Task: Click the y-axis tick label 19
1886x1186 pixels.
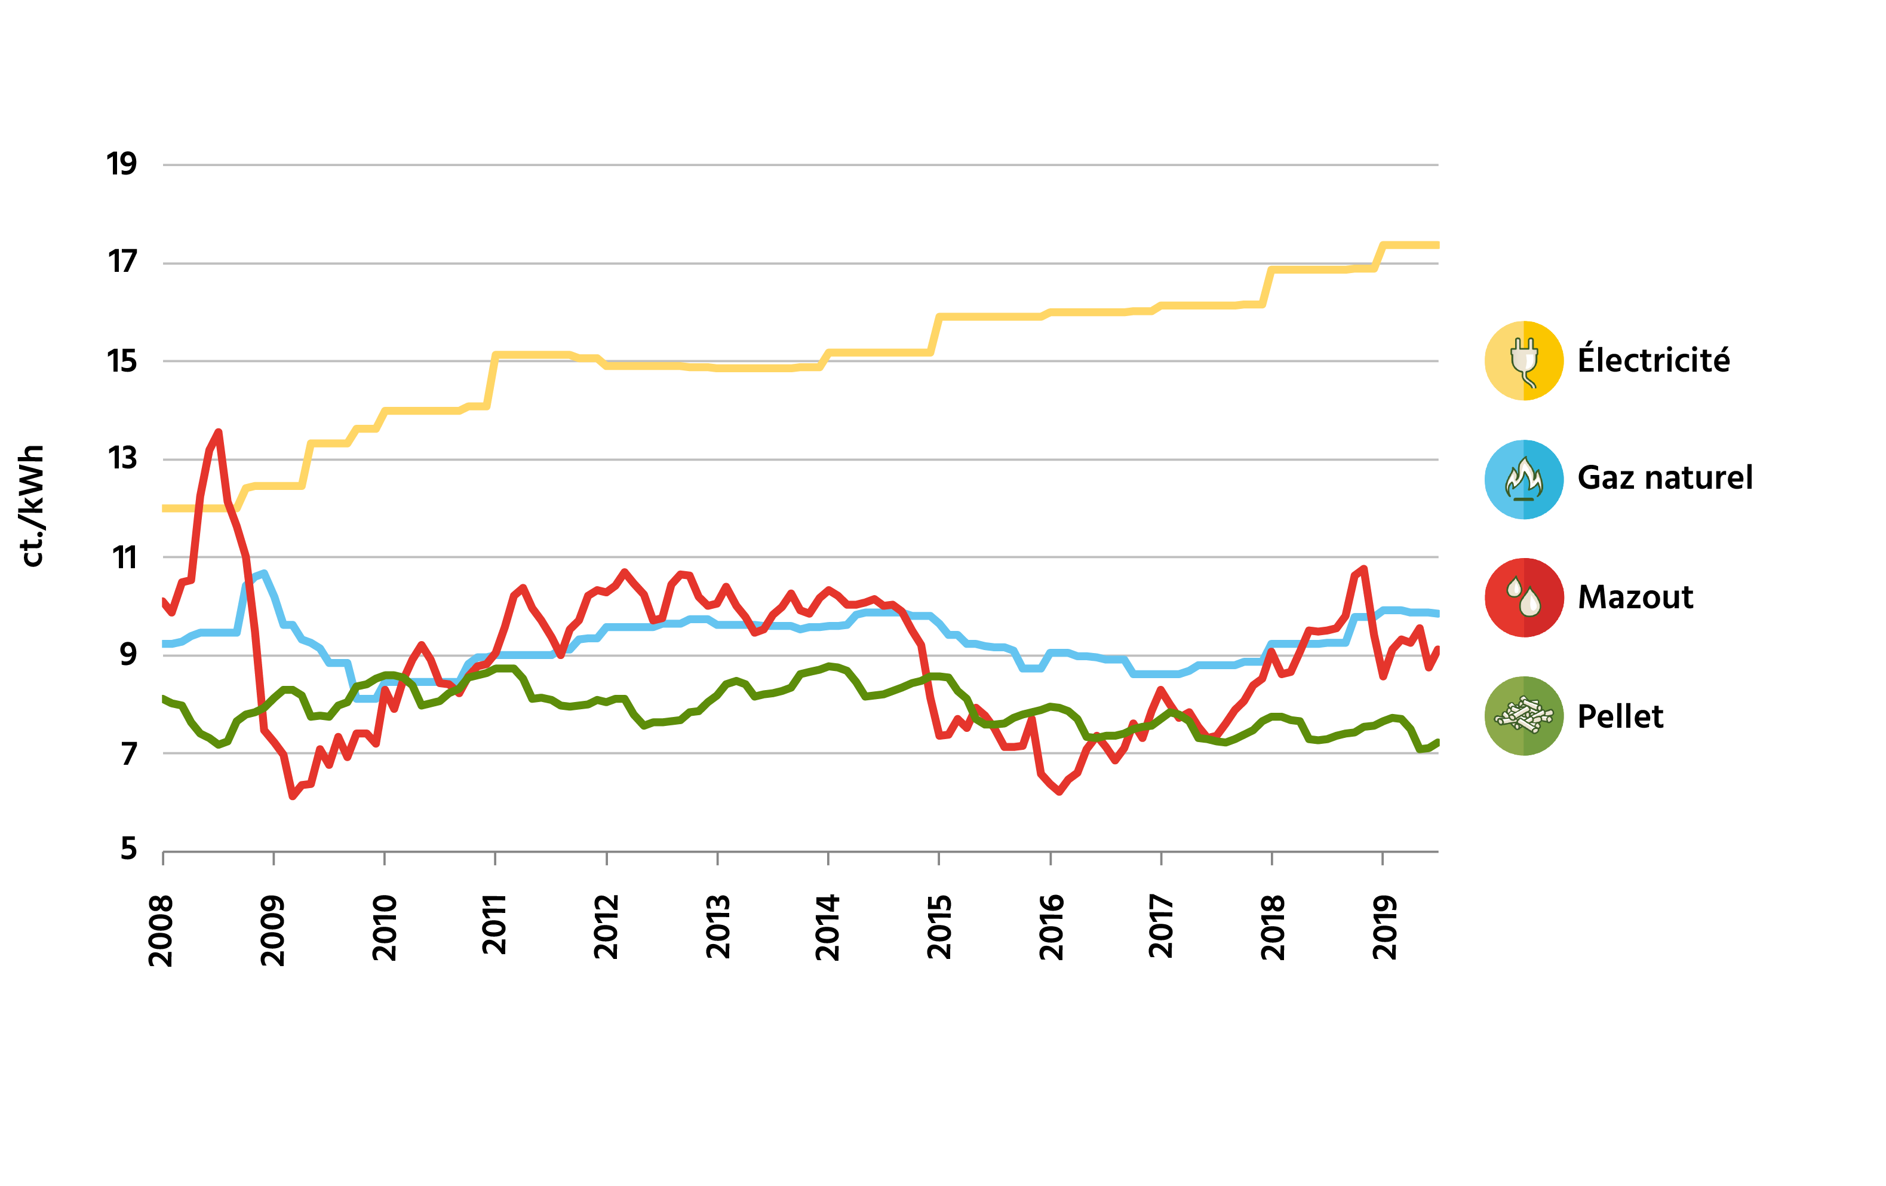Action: pyautogui.click(x=121, y=164)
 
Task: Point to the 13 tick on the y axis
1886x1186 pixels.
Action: pyautogui.click(x=121, y=459)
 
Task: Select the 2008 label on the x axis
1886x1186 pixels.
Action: pyautogui.click(x=161, y=931)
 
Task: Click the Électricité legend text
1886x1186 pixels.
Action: pyautogui.click(x=1653, y=360)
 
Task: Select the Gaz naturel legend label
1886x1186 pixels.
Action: pyautogui.click(x=1664, y=478)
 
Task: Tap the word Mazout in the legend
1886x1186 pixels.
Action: pyautogui.click(x=1635, y=597)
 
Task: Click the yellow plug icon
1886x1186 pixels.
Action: pyautogui.click(x=1523, y=360)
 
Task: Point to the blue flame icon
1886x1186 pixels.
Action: pyautogui.click(x=1523, y=479)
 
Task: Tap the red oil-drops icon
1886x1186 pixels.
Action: pyautogui.click(x=1523, y=597)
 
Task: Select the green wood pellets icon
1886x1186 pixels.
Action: pyautogui.click(x=1523, y=716)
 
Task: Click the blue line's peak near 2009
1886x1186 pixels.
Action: pyautogui.click(x=264, y=574)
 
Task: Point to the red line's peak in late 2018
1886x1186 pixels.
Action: pyautogui.click(x=1363, y=569)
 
